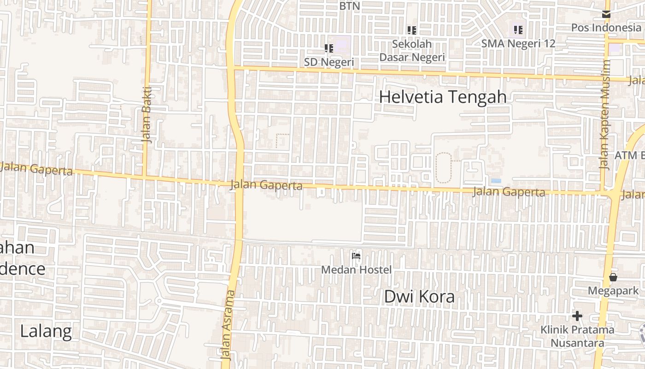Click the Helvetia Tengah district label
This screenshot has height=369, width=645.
click(x=443, y=97)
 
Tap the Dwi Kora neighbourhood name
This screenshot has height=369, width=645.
click(x=419, y=297)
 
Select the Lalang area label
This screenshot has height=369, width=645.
click(x=46, y=331)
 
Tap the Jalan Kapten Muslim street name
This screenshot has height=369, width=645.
click(x=605, y=115)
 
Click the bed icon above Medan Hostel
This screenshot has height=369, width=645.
click(x=356, y=256)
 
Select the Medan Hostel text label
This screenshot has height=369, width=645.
click(x=356, y=270)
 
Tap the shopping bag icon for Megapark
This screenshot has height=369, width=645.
click(x=613, y=277)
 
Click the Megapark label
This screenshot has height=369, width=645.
click(x=613, y=291)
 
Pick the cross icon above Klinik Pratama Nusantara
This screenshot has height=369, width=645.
click(x=577, y=316)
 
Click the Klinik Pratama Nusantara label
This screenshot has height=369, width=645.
click(x=577, y=336)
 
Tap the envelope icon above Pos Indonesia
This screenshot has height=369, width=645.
click(x=606, y=14)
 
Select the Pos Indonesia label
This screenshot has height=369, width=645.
click(x=606, y=27)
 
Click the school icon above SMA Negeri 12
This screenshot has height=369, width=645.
click(x=518, y=30)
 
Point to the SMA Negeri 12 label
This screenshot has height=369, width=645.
click(x=518, y=44)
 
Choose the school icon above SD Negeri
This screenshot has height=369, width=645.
click(x=329, y=48)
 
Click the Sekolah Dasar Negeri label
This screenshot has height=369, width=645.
click(x=412, y=50)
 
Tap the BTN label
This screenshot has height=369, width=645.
click(x=349, y=6)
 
